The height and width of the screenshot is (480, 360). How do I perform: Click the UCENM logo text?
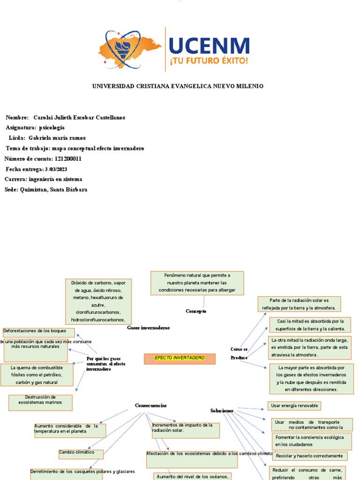point(209,46)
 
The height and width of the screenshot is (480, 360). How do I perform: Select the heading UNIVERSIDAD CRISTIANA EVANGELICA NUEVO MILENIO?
point(178,86)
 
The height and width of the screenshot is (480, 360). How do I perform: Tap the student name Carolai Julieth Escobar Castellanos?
point(79,117)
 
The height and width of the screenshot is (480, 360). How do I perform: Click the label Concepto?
point(196,311)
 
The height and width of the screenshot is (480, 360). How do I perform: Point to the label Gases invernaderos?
point(148,328)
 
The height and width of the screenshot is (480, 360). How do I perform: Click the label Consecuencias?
point(151,405)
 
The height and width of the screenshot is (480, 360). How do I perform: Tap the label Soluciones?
point(222,411)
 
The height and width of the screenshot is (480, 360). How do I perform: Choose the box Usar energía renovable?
point(294,405)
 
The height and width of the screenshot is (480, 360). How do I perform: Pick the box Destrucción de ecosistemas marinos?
point(40,402)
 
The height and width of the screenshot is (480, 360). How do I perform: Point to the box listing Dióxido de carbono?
point(98,301)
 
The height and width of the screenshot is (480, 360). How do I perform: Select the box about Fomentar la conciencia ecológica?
point(312,441)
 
